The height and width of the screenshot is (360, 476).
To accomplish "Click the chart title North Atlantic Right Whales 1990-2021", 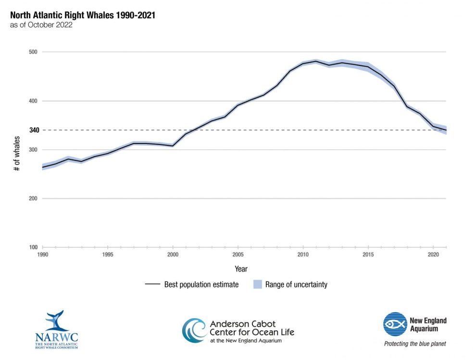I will pos(82,15).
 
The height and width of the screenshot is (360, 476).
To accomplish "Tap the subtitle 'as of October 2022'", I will pos(41,25).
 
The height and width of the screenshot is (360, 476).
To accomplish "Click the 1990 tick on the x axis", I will pos(43,254).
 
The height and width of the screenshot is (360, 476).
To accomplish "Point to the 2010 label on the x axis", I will pos(303,254).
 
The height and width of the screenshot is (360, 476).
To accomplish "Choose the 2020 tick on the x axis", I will pos(433,254).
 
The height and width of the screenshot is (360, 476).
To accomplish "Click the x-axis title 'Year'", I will pos(241,269).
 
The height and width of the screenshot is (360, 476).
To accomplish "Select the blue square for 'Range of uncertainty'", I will pos(257,284).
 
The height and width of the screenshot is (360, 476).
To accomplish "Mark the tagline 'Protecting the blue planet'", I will pos(414,344).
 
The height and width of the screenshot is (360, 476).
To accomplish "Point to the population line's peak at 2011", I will pos(316,61).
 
